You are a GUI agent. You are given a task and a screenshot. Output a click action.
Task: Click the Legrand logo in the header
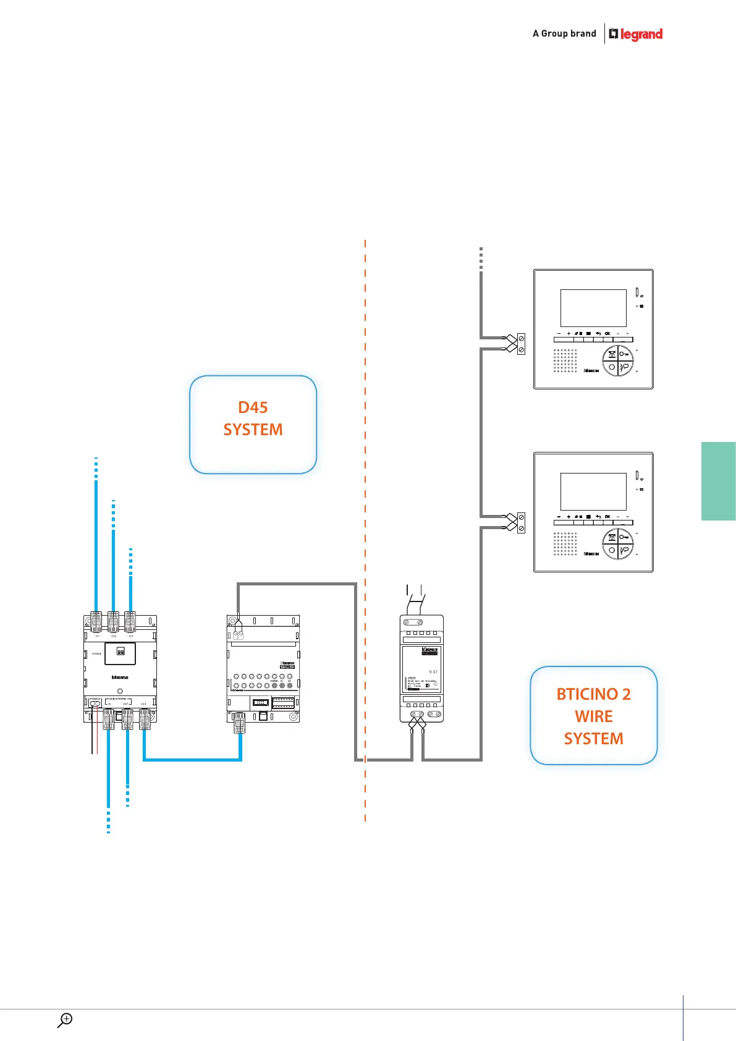point(636,34)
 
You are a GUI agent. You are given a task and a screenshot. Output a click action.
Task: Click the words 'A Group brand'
point(564,33)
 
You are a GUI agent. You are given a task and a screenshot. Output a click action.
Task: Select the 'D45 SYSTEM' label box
point(253,424)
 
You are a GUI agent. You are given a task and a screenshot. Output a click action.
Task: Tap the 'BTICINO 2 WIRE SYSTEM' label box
point(593,715)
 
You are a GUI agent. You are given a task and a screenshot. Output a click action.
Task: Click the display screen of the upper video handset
point(593,308)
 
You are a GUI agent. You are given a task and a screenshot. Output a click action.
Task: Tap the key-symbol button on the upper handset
point(625,354)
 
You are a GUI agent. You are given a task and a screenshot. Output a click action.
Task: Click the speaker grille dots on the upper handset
point(565,360)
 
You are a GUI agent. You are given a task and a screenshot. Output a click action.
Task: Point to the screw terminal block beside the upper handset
point(521,344)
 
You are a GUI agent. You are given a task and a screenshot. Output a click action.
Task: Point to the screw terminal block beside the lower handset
point(521,522)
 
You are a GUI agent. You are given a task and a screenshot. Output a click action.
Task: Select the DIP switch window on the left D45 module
point(121,652)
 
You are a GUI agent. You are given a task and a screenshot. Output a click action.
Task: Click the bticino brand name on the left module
point(120,678)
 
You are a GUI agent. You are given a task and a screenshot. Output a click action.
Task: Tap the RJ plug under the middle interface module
point(239,723)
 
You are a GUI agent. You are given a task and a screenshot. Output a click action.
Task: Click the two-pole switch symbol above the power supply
point(415,597)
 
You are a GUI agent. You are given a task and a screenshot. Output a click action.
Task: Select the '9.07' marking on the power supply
point(433,672)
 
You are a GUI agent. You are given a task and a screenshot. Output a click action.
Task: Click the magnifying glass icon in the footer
point(65,1020)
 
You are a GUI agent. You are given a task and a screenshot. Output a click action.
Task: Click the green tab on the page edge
point(719,481)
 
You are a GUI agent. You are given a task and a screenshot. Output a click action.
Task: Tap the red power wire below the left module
point(98,739)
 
